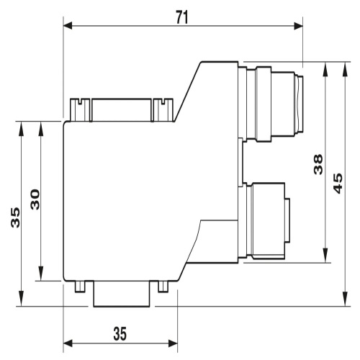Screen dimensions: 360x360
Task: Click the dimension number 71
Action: click(x=182, y=17)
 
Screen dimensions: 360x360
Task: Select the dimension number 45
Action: click(x=338, y=183)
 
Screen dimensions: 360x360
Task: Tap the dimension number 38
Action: click(x=318, y=164)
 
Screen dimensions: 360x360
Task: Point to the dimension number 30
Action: click(x=35, y=199)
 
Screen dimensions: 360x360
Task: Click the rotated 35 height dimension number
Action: click(x=16, y=217)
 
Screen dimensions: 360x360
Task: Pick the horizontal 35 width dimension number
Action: click(x=120, y=333)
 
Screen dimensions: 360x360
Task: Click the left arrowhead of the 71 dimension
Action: click(x=68, y=25)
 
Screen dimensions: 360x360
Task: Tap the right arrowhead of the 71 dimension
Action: click(x=298, y=25)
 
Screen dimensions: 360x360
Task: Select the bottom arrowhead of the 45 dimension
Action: click(x=345, y=299)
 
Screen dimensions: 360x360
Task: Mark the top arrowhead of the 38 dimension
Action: click(x=325, y=70)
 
